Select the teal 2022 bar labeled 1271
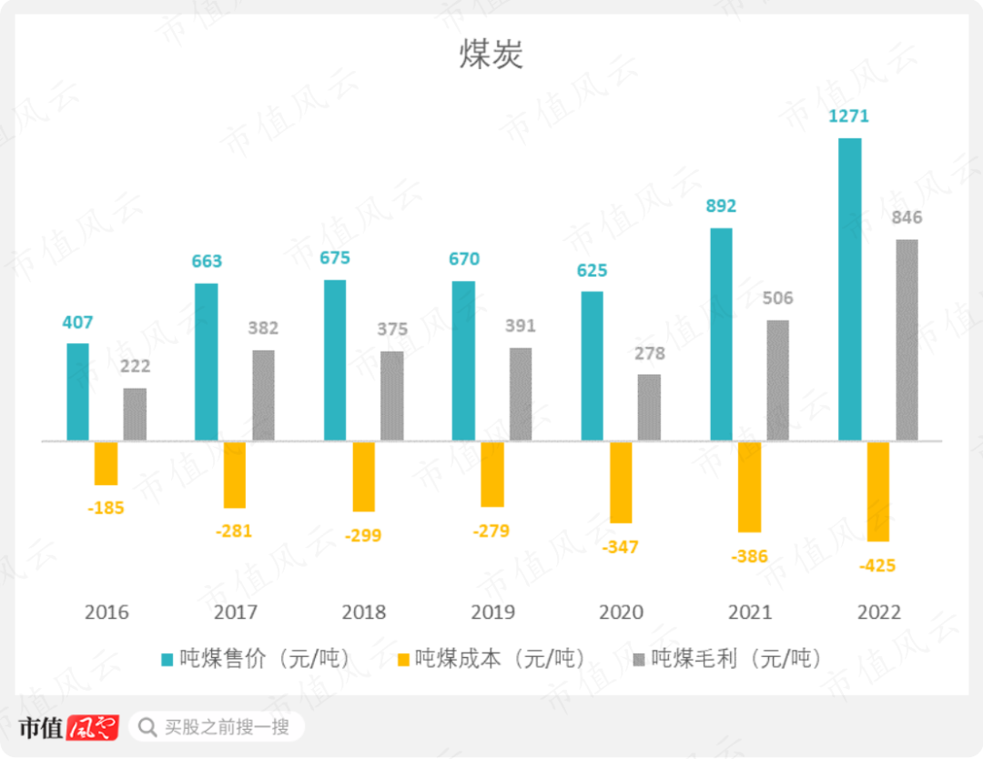click(x=849, y=289)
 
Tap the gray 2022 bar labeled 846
click(x=907, y=340)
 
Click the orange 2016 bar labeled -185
click(x=106, y=463)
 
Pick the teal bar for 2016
click(x=78, y=392)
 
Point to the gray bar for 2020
click(x=649, y=408)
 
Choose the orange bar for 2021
click(x=750, y=487)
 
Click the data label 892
click(x=720, y=207)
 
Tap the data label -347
click(x=621, y=547)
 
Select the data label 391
click(x=520, y=326)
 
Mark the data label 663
click(x=207, y=261)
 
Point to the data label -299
click(x=363, y=535)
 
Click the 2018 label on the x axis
click(x=363, y=612)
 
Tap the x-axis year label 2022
click(x=878, y=612)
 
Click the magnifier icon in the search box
click(x=147, y=727)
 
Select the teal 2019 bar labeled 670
click(x=463, y=361)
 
